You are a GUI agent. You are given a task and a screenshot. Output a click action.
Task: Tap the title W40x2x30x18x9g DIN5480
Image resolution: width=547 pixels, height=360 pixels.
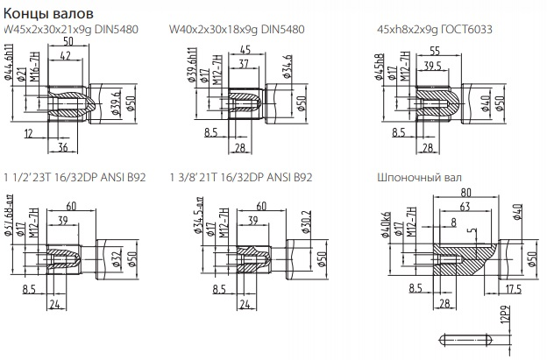(238, 29)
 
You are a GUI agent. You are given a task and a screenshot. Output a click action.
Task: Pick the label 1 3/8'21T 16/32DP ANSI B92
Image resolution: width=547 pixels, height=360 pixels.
(241, 177)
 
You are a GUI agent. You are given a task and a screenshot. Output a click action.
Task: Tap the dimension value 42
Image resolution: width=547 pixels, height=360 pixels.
(65, 56)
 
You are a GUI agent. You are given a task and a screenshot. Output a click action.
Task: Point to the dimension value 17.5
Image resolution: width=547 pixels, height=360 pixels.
(514, 289)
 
